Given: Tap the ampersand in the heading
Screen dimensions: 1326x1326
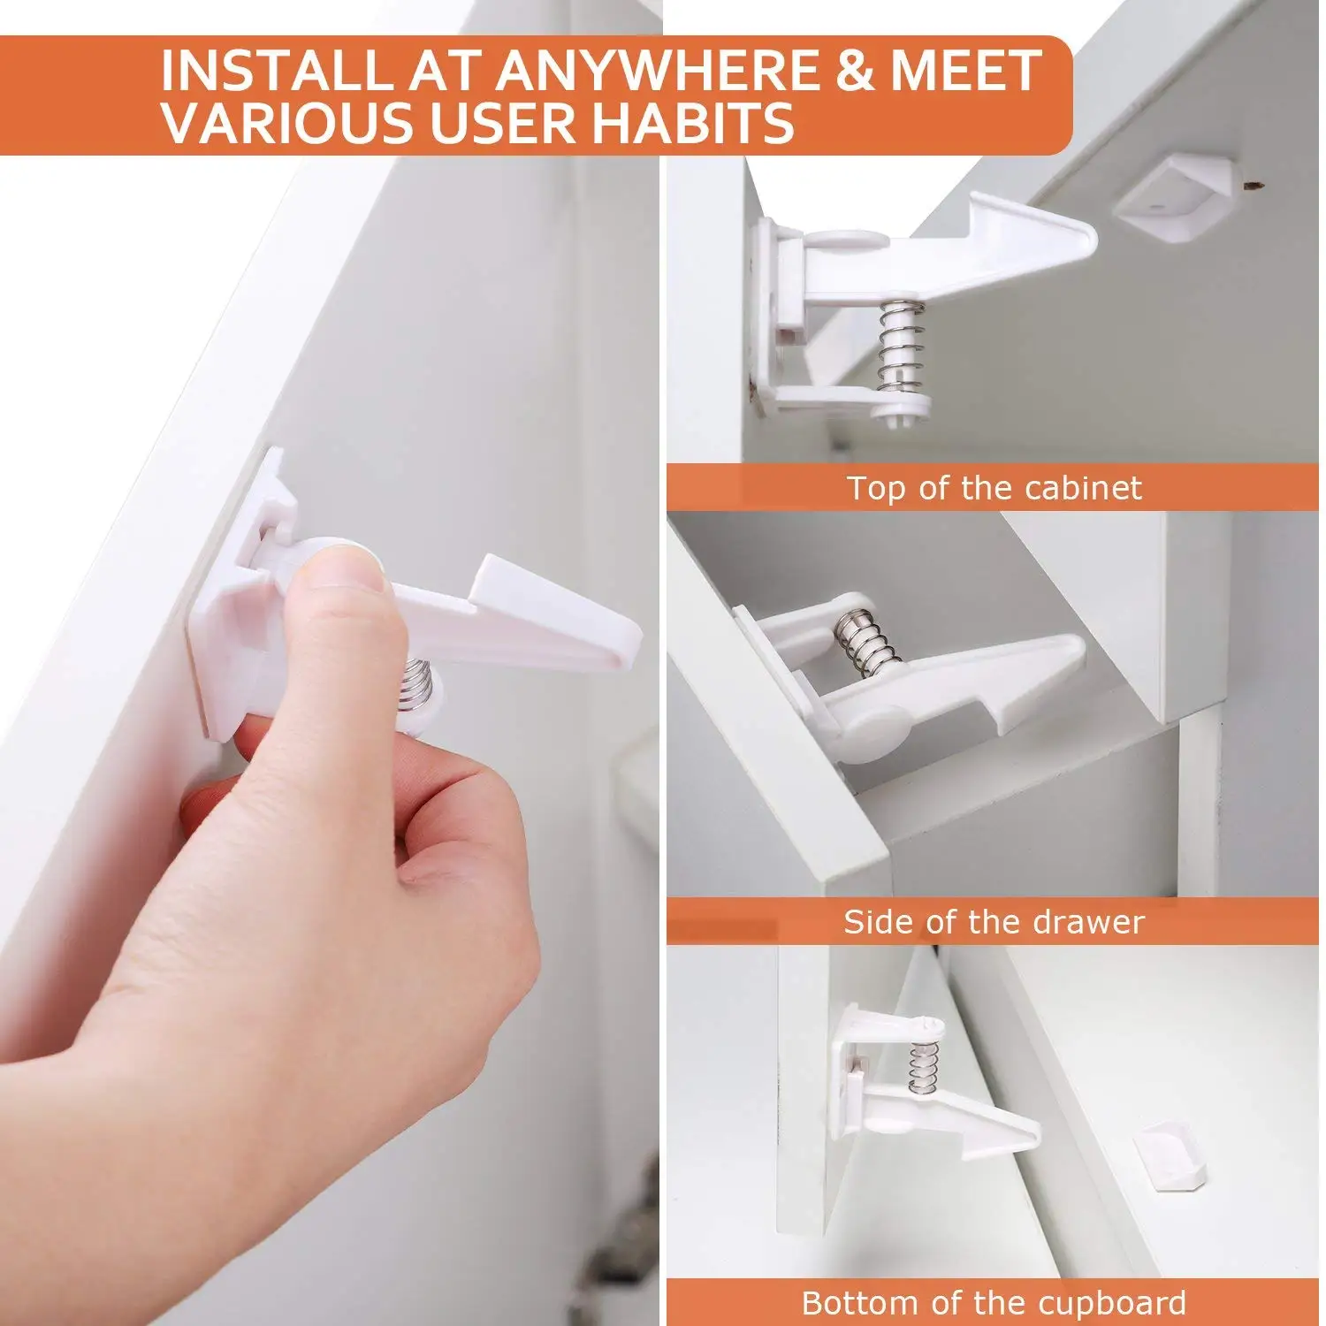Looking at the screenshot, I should (852, 71).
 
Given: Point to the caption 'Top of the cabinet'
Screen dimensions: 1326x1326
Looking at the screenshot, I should (994, 488).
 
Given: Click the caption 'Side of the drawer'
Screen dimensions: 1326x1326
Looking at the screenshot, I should (994, 922).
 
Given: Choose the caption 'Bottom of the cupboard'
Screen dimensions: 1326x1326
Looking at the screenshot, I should (994, 1303).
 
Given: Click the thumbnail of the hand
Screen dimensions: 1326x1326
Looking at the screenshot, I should (345, 575).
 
